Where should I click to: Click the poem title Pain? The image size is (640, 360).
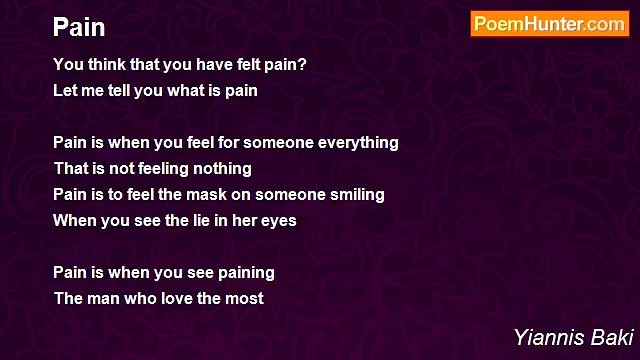[79, 26]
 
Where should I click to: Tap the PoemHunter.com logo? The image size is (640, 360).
[549, 24]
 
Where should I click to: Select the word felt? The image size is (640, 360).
[250, 65]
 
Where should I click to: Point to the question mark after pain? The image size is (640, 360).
[304, 65]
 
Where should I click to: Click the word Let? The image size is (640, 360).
[65, 91]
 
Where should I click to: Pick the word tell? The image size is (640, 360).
[125, 91]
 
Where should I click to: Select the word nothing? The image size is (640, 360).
[221, 169]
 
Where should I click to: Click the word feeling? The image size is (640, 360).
[156, 169]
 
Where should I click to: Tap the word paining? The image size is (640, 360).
[244, 273]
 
